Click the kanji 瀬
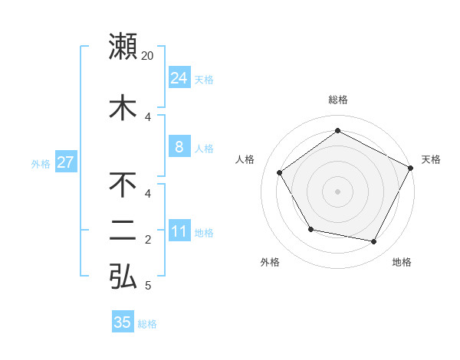coord(123,46)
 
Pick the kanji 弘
coord(123,277)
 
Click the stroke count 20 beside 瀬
coord(148,56)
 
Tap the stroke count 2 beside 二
coord(148,240)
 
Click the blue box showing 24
coord(179,78)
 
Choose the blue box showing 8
coord(179,147)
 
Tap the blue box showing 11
coord(179,231)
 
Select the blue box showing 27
coord(65,162)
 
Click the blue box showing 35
coord(123,322)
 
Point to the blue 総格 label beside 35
coord(147,324)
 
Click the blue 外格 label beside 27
coord(41,163)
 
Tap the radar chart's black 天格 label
coord(431,159)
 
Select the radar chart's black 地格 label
coord(402,262)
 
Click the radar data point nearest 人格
coord(280,173)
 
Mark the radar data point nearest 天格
coord(410,168)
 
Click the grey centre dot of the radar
coord(337,191)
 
